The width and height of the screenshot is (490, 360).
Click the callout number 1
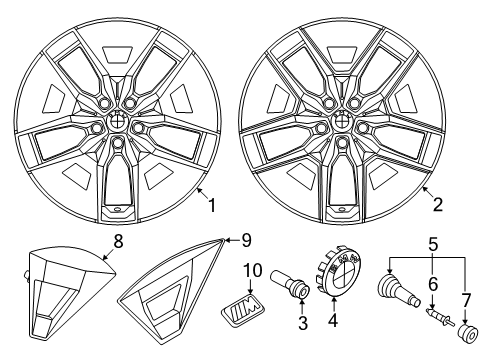(212, 205)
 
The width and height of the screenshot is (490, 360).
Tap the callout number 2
(438, 204)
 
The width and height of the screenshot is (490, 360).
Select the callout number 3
(303, 323)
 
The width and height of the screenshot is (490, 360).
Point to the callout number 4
(333, 320)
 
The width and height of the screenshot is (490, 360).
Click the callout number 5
(433, 245)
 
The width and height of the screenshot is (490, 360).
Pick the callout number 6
(433, 284)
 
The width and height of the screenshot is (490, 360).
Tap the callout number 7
(465, 301)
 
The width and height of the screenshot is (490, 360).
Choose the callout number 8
(118, 241)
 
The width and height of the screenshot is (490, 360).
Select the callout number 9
(246, 240)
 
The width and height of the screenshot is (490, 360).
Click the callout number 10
(253, 271)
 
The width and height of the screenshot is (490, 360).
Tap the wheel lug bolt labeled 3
(290, 284)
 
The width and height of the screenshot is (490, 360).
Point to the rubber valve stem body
(398, 289)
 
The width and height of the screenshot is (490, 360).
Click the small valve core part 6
(440, 316)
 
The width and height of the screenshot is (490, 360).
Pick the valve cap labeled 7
(468, 333)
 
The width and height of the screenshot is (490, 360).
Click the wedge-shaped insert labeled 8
(69, 292)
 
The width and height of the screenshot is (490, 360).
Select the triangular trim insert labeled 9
(173, 290)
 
